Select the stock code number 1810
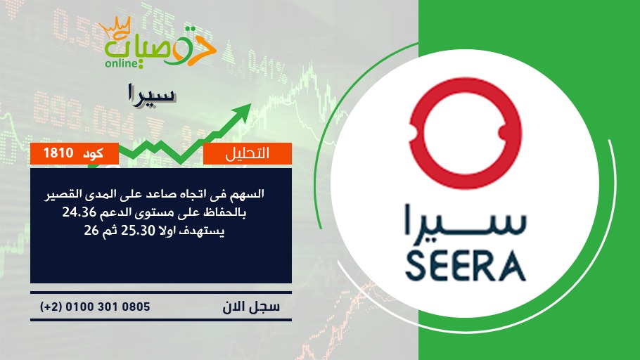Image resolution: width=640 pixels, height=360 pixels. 58,153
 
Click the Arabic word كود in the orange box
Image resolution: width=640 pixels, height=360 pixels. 93,153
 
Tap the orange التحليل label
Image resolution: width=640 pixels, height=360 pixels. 248,153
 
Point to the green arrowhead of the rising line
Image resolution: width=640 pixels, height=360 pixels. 242,111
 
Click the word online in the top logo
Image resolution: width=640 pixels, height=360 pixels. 121,63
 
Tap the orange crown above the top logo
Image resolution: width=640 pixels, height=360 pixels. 115,27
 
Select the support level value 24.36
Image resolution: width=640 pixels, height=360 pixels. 79,212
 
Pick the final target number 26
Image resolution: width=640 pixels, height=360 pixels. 91,231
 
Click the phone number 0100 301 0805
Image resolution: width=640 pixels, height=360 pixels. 108,307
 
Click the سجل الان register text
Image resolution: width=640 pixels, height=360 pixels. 251,307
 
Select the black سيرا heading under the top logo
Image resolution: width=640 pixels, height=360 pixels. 151,94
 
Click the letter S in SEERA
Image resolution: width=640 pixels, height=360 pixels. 416,267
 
